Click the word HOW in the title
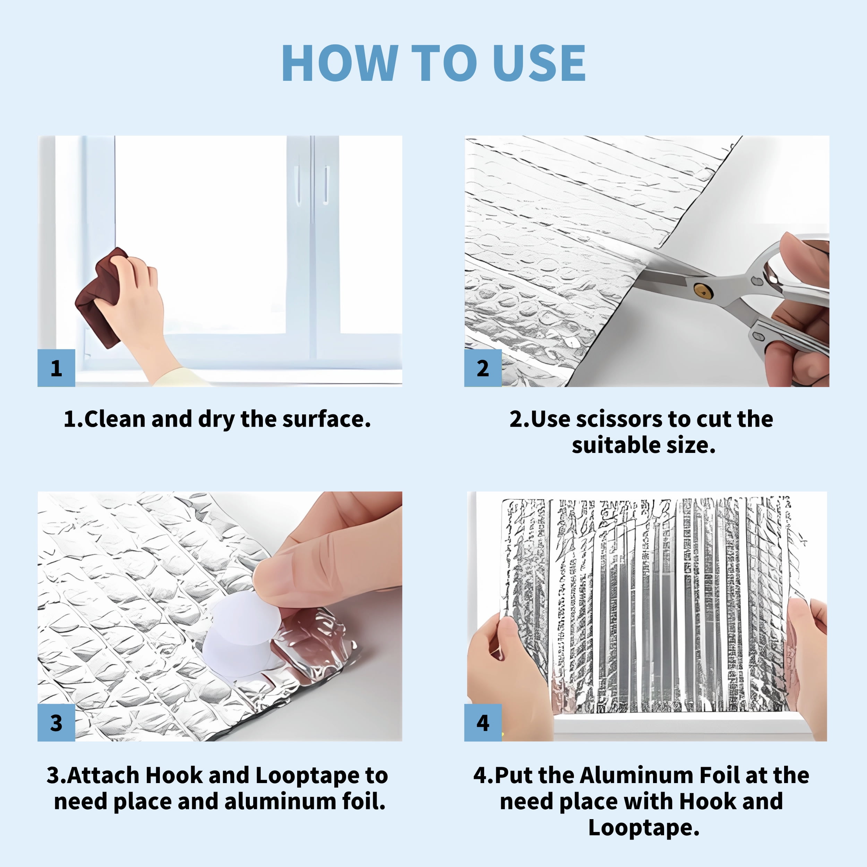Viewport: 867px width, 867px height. pos(340,63)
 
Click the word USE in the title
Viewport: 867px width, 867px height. pos(539,63)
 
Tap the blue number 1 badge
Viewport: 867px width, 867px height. pos(56,368)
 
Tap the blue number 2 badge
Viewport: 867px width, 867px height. pos(483,368)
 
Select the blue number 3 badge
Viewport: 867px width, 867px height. pos(56,722)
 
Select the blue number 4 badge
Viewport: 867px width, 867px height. pos(483,722)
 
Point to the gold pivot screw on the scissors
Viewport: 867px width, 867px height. pos(702,290)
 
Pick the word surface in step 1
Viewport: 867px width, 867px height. pos(327,419)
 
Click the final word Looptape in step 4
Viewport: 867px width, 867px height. pos(644,828)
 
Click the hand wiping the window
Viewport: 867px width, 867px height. pos(135,310)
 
